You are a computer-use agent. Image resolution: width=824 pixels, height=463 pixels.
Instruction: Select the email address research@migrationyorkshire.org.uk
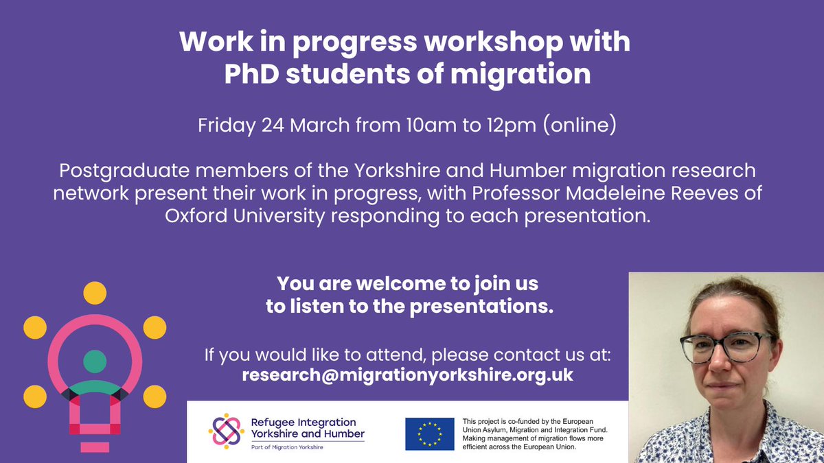coord(407,375)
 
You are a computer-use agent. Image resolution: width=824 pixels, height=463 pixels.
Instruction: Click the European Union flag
coord(429,434)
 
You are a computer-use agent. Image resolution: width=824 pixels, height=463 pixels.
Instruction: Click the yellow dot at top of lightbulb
coord(95,294)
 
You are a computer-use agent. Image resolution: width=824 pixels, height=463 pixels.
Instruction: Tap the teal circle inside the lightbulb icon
coord(95,360)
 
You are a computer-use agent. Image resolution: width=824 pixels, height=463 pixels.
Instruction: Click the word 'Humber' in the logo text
coord(341,434)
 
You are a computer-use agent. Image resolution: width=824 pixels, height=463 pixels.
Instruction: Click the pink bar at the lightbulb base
coord(95,447)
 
